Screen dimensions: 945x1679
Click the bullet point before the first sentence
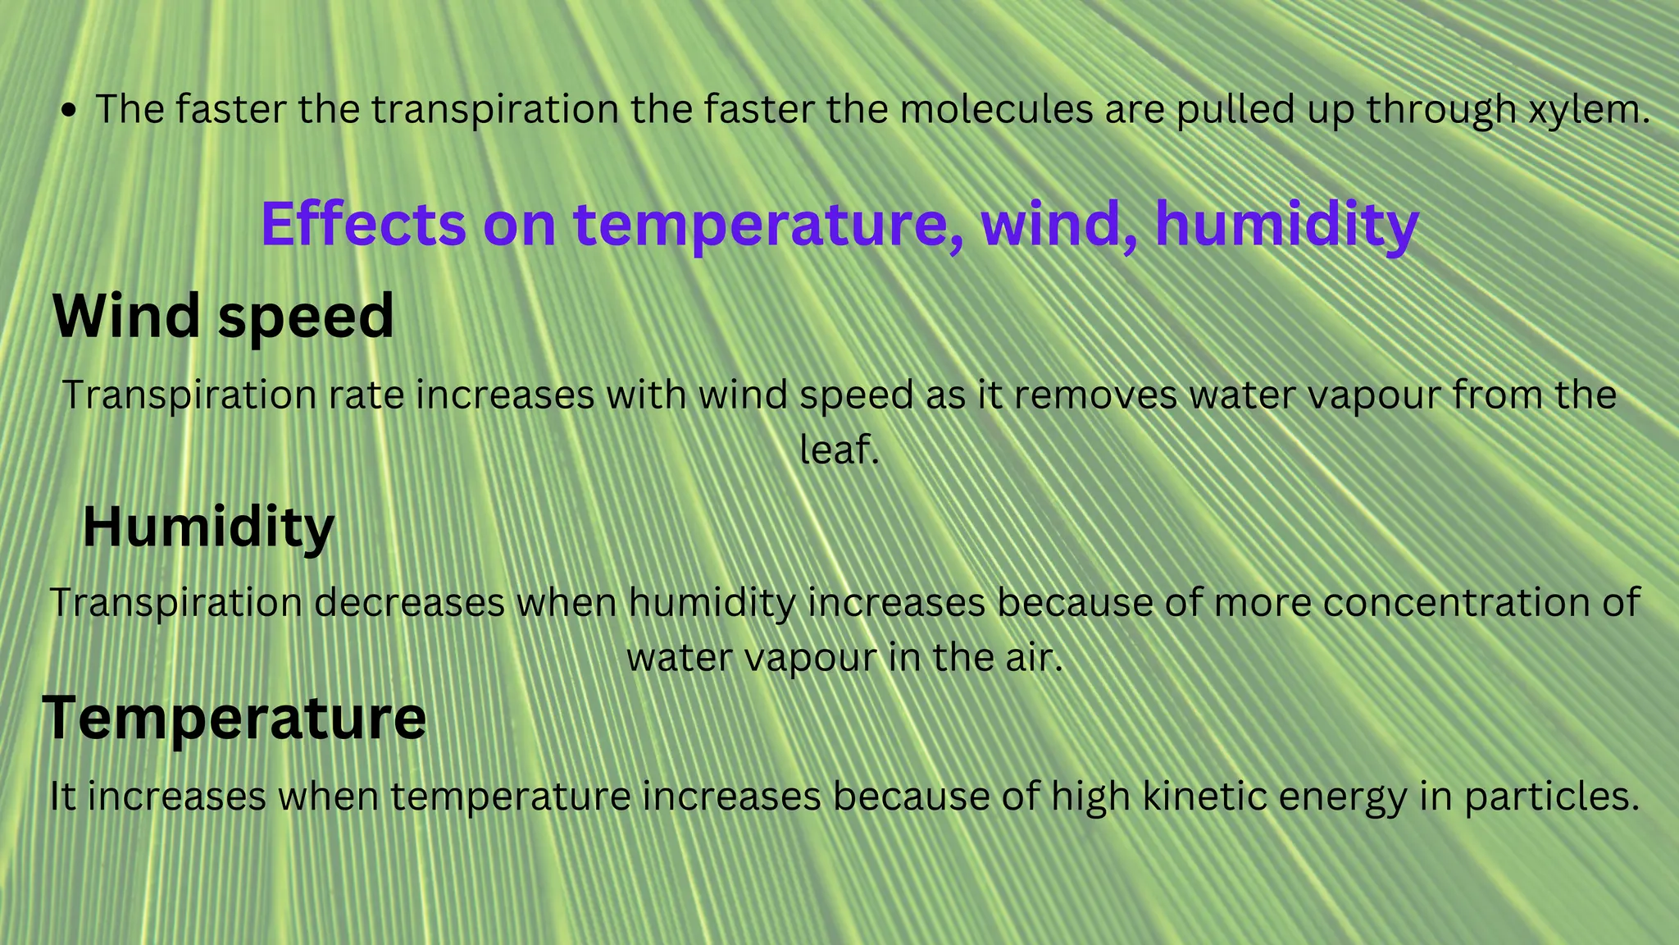70,111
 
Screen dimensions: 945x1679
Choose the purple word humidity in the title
1286,223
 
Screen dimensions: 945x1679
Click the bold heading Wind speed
223,317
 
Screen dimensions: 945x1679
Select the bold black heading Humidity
208,527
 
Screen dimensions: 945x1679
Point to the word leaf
838,450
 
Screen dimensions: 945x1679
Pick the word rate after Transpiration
367,395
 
